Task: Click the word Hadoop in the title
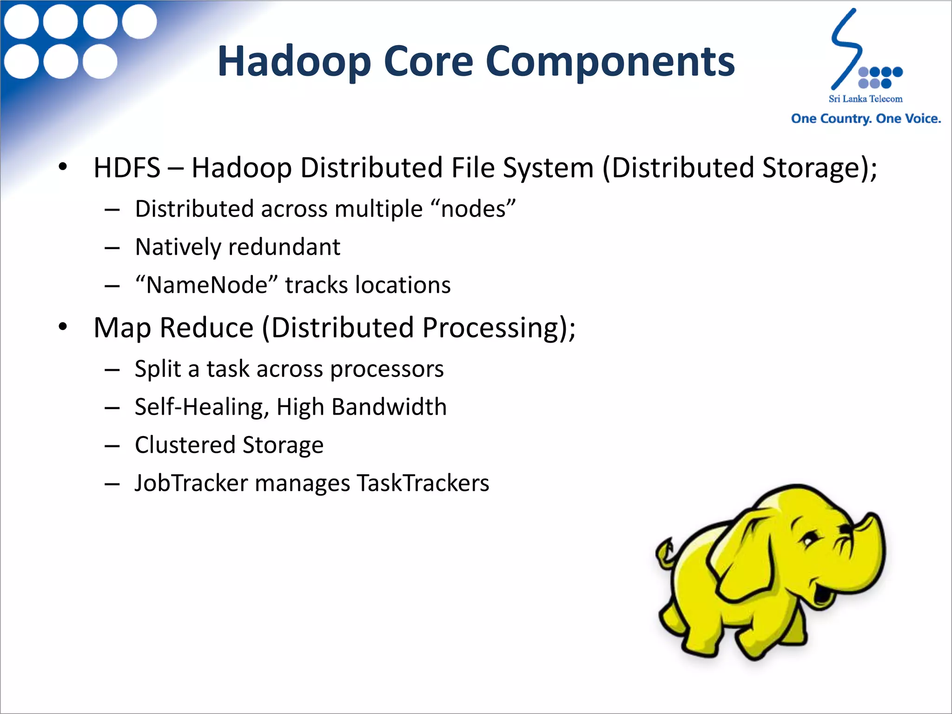[x=294, y=62]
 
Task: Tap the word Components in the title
[x=610, y=62]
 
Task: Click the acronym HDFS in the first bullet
[x=127, y=167]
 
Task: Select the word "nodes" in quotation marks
[x=478, y=209]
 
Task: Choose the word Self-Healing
[x=202, y=407]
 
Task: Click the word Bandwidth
[x=389, y=407]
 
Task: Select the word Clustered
[x=185, y=445]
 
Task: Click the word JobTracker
[x=191, y=483]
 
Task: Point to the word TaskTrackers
[x=423, y=483]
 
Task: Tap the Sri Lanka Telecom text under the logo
[x=866, y=99]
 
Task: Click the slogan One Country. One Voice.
[x=866, y=119]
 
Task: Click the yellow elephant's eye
[x=809, y=542]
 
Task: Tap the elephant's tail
[x=665, y=551]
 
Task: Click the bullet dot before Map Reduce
[x=63, y=327]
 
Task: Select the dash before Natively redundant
[x=112, y=248]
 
